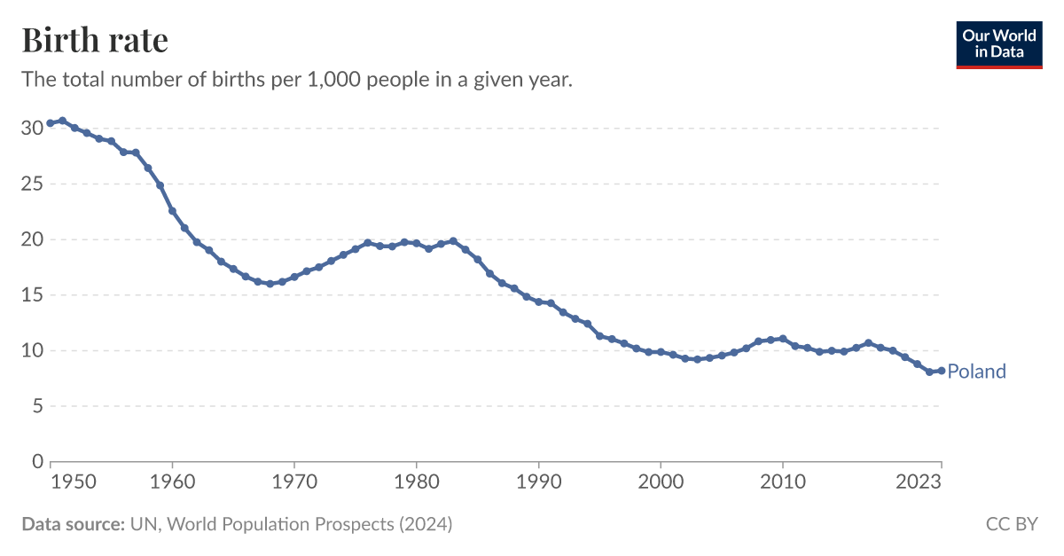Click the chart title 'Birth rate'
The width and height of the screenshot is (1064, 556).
click(x=95, y=41)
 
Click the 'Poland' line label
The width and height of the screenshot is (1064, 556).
click(x=976, y=372)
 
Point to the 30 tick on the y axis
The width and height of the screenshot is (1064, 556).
click(x=32, y=129)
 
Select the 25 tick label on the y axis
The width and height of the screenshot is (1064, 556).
click(x=32, y=184)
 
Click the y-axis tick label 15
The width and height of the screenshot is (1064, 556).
click(x=32, y=295)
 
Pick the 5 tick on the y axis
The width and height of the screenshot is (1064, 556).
click(x=37, y=406)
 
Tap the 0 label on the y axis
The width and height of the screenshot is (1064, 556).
click(x=37, y=461)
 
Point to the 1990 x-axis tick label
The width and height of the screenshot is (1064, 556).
click(x=538, y=482)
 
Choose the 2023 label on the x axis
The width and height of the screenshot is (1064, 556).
click(x=919, y=482)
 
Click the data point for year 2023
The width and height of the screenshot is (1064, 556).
click(x=941, y=371)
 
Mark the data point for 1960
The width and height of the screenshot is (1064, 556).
click(x=172, y=211)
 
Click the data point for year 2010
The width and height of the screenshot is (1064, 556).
click(x=782, y=339)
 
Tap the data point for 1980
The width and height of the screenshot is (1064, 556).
click(x=417, y=243)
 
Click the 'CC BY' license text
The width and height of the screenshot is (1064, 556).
click(x=1012, y=524)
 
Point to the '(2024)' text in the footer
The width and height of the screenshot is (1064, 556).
click(x=425, y=524)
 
